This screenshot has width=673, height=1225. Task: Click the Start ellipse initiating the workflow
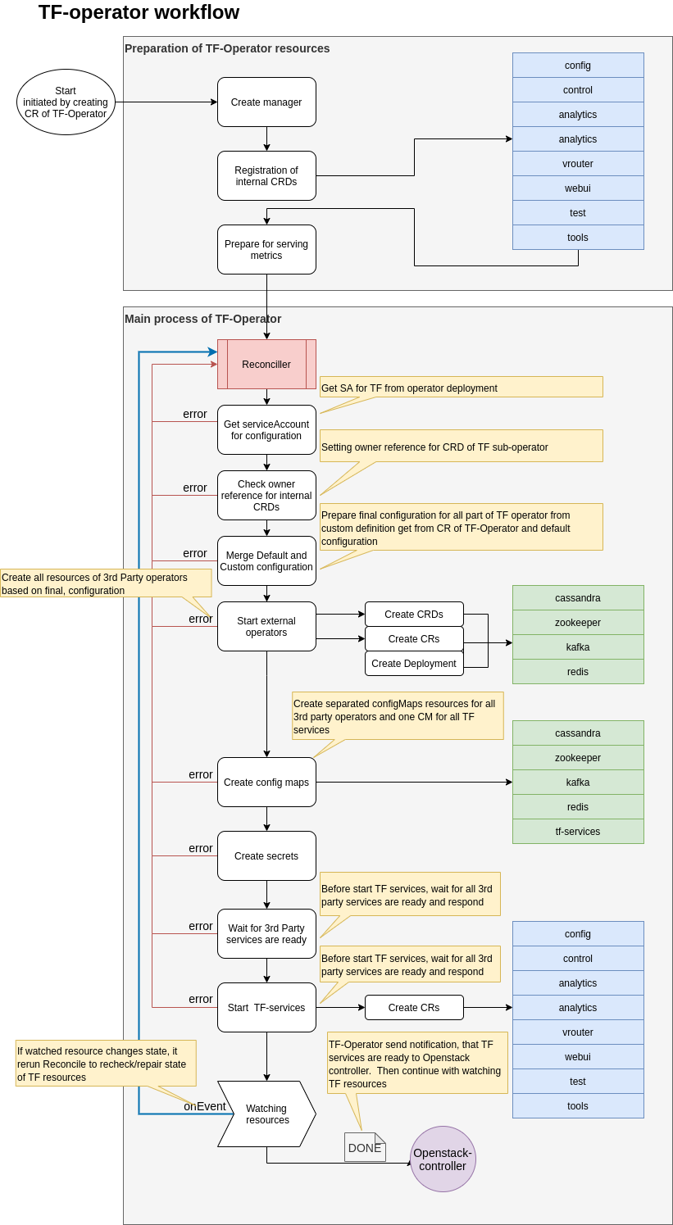point(66,102)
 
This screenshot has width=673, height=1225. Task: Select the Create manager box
point(266,102)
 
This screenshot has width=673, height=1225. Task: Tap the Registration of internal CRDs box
point(266,176)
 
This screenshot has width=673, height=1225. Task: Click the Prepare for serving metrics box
point(266,249)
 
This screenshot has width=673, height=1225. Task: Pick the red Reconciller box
point(266,364)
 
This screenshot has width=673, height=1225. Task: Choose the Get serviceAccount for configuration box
point(266,430)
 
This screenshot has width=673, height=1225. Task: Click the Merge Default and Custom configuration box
point(266,561)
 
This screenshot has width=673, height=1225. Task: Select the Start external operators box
point(266,627)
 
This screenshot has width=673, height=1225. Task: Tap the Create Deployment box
point(414,664)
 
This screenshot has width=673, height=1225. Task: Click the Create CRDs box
point(414,615)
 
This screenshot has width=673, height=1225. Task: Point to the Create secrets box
point(266,855)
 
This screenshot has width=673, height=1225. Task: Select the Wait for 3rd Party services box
point(266,934)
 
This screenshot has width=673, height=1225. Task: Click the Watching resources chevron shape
point(266,1114)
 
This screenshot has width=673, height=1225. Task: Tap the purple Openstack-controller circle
point(443,1159)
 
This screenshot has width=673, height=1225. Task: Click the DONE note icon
point(365,1147)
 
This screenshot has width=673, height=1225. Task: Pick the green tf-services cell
point(578,831)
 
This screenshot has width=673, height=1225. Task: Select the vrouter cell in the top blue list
point(578,164)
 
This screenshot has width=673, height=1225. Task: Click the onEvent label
point(205,1106)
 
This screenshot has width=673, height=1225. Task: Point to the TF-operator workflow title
point(139,12)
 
